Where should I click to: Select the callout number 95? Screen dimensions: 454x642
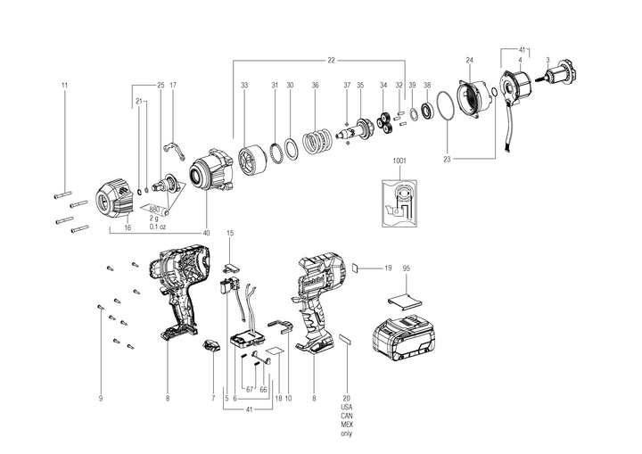coord(406,268)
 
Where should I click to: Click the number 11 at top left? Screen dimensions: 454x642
coord(64,85)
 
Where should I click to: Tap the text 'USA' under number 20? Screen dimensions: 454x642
coord(346,407)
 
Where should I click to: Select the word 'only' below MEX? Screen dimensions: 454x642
coord(346,433)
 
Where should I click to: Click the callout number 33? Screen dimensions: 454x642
coord(243,85)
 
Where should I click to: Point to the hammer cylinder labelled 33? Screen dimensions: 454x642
coord(249,161)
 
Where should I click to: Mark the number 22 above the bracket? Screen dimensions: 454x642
coord(331,60)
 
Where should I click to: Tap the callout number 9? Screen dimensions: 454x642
coord(101,398)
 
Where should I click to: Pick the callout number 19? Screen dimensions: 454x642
coord(388,268)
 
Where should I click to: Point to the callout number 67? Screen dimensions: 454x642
coord(249,389)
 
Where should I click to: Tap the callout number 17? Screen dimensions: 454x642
coord(173,85)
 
